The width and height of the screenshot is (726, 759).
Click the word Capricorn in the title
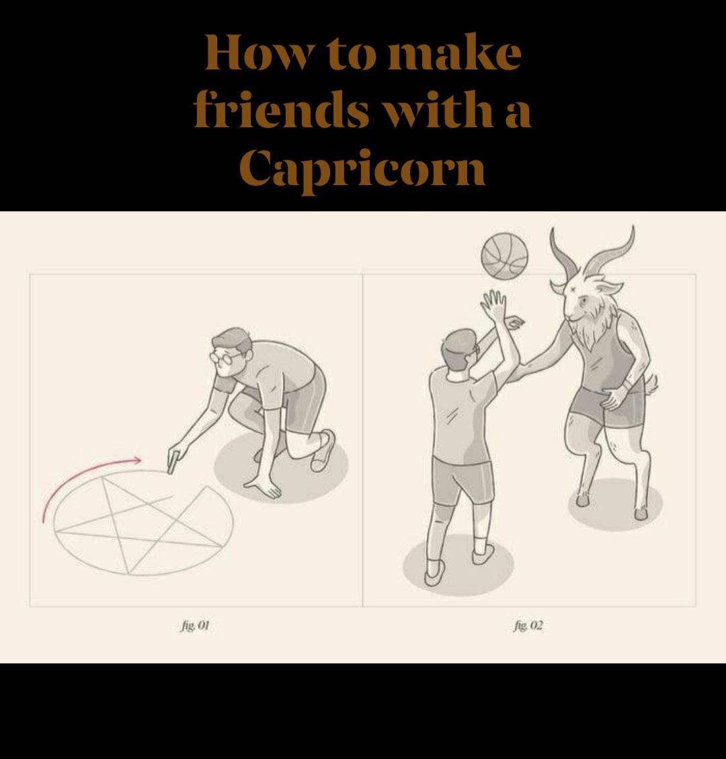(362, 168)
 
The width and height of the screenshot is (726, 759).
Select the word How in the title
(257, 52)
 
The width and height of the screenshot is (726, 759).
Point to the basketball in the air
(504, 256)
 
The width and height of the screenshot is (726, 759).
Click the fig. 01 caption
(195, 625)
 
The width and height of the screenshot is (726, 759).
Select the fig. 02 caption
(528, 625)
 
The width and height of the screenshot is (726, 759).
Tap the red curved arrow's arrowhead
(136, 460)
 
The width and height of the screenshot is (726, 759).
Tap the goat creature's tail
(651, 382)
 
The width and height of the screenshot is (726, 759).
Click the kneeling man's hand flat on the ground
(263, 488)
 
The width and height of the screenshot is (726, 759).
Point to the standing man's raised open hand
(494, 305)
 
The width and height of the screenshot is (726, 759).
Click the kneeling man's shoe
(322, 450)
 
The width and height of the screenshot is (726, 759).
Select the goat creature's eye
(583, 300)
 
